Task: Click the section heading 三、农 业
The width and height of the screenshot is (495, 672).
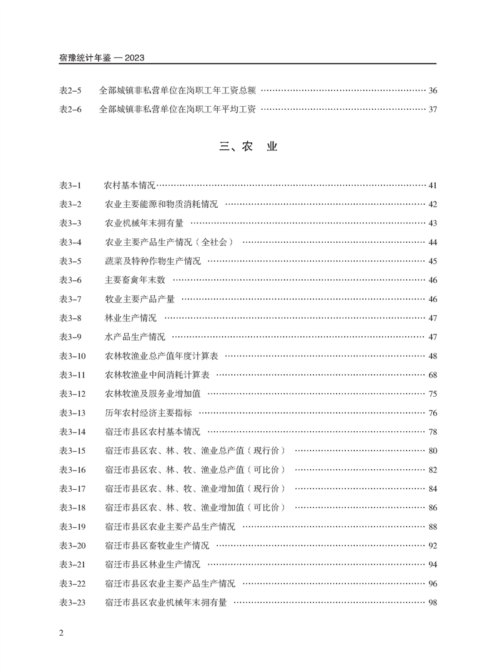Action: tap(248, 147)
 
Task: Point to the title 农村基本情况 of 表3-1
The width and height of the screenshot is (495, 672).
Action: tap(129, 185)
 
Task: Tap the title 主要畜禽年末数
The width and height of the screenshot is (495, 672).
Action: tap(135, 280)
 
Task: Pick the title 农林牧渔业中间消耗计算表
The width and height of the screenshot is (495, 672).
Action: tap(157, 375)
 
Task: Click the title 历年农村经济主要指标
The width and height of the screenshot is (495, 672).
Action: tap(149, 413)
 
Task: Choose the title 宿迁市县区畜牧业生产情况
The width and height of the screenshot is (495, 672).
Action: tap(157, 546)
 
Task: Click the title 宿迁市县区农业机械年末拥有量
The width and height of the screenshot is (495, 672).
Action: tap(166, 603)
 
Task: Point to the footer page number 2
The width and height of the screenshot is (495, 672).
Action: tap(61, 634)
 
